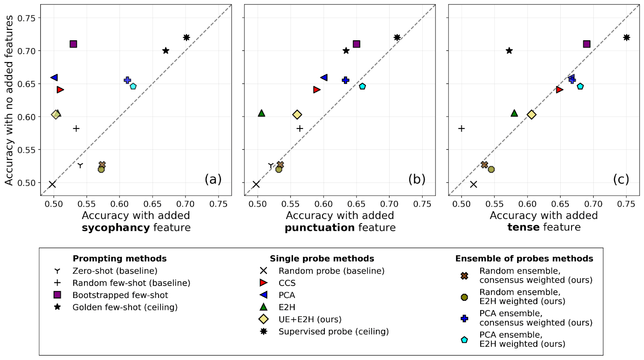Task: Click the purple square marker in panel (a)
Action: [73, 44]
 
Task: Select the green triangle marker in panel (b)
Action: [262, 113]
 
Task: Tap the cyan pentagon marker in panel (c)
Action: [580, 86]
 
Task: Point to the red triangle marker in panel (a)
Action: [60, 90]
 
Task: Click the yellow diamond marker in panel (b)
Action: [297, 115]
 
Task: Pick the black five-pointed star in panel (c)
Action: [509, 51]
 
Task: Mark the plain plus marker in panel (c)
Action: [462, 128]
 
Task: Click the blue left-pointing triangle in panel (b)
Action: [324, 77]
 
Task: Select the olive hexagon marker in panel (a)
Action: [101, 170]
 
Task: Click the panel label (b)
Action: [417, 179]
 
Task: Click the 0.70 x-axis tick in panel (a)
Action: [186, 204]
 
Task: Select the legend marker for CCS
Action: [263, 283]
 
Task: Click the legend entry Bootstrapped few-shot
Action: [120, 295]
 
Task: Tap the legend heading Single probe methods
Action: [322, 259]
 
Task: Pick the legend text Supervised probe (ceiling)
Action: [333, 331]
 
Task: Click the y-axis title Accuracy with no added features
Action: [9, 100]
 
